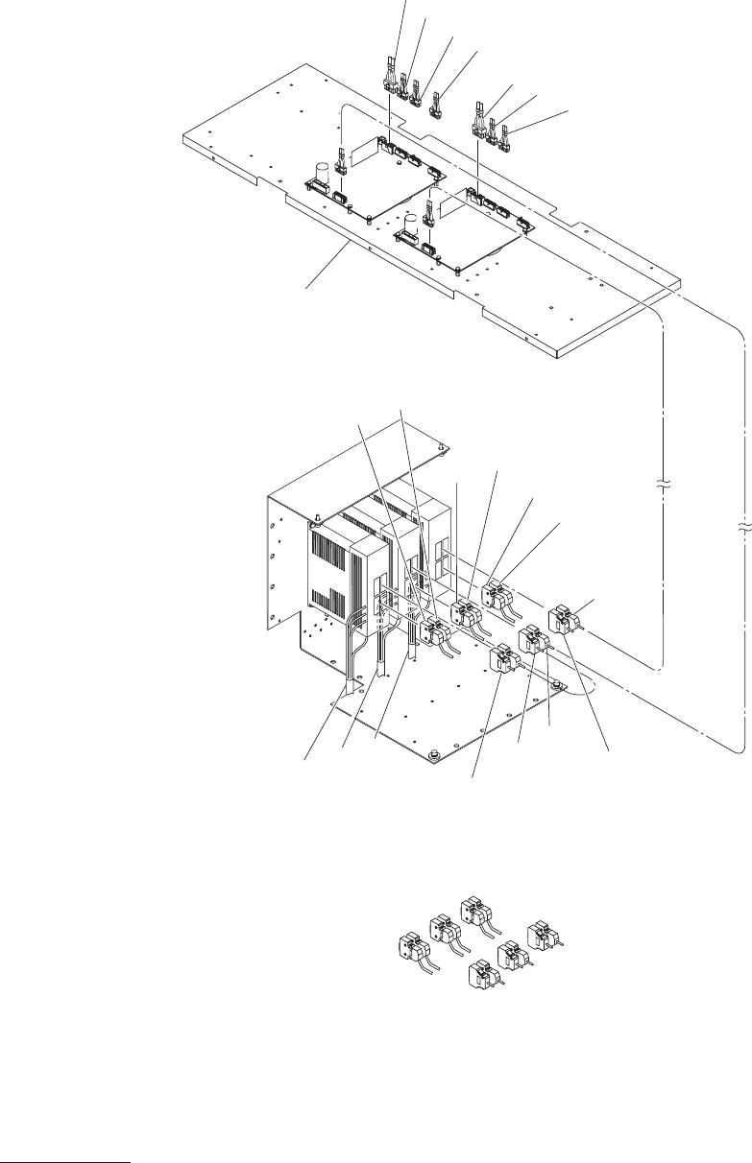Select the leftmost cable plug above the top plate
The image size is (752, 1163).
pyautogui.click(x=391, y=79)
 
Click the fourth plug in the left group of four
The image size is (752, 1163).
pyautogui.click(x=437, y=101)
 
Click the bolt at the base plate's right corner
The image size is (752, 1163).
pyautogui.click(x=556, y=683)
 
